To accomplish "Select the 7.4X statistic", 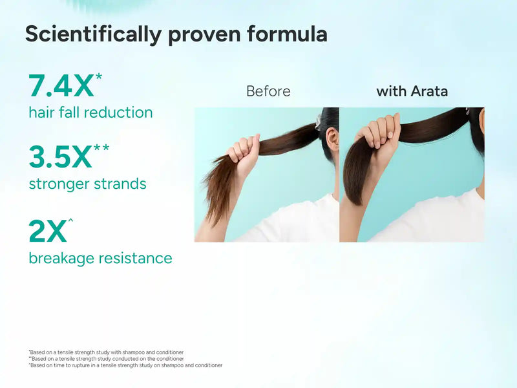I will point(61,86).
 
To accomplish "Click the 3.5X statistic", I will point(61,157).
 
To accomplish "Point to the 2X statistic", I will point(47,232).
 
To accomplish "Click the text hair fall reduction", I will point(90,113).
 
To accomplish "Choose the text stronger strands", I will point(87,184).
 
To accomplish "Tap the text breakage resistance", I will point(100,258).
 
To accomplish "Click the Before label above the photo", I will point(268,91).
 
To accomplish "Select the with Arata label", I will point(412,91).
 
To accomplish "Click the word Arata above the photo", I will point(429,91).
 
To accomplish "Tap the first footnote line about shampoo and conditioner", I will point(107,352).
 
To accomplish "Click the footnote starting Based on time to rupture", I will point(126,365).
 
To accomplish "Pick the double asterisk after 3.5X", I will point(101,149).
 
